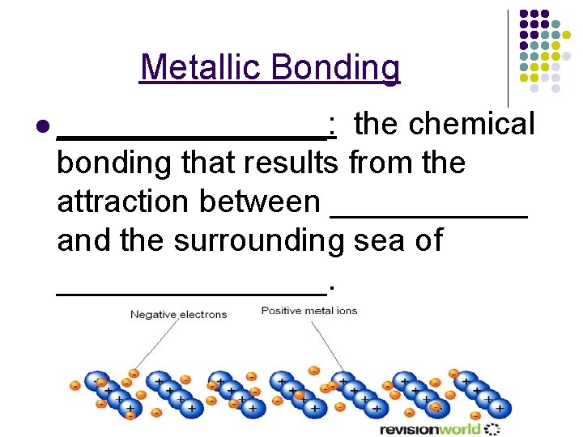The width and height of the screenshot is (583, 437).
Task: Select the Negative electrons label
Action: (x=178, y=314)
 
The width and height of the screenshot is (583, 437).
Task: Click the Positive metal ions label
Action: (x=309, y=311)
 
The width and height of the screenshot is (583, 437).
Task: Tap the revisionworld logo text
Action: (x=430, y=428)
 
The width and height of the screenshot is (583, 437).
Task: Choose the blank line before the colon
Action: (x=192, y=137)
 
